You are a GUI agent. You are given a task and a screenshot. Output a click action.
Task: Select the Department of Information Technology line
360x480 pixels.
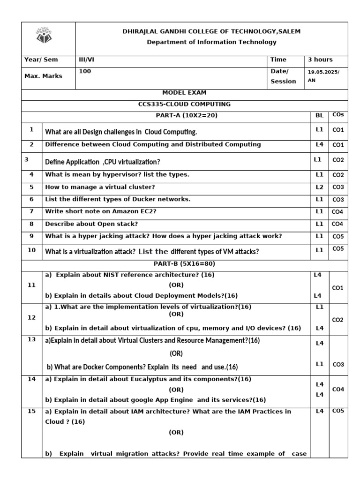coord(211,42)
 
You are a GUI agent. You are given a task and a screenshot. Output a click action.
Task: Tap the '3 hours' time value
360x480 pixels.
coord(320,60)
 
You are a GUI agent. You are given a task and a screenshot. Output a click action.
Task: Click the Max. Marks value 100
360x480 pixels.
coord(85,71)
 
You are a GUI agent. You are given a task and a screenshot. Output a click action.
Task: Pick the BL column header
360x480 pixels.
coord(320,115)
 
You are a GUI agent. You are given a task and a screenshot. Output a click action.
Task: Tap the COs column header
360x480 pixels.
coord(338,114)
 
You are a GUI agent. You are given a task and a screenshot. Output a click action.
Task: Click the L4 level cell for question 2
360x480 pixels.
coord(320,145)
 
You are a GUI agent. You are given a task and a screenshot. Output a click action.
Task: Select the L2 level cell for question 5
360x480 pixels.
coord(320,187)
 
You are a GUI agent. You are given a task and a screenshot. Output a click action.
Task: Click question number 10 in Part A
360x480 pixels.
coord(31,250)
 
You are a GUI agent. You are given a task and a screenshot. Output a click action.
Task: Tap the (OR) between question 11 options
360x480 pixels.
coord(176,285)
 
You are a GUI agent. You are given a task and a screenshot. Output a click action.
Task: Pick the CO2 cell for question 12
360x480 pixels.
coord(337,320)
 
